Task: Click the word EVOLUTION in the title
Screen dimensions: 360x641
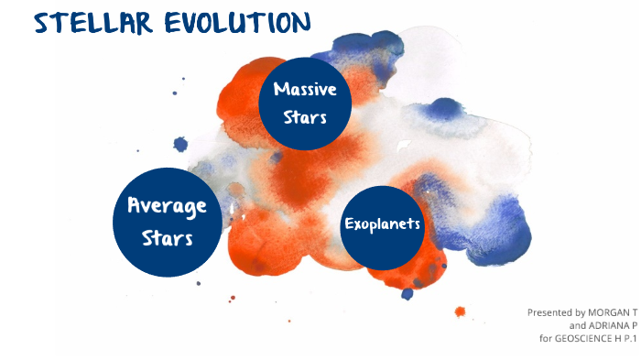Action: pos(236,22)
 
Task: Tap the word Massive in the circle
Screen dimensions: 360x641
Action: pos(305,90)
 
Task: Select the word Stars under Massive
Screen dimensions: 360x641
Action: pos(305,116)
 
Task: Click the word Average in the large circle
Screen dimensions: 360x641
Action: pos(167,205)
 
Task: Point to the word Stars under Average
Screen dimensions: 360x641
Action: pos(167,238)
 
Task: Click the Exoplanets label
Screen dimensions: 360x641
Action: pos(382,224)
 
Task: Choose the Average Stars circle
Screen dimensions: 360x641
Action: pos(167,222)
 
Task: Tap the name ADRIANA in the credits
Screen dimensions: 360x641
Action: pos(606,325)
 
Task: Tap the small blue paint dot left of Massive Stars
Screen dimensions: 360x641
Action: pos(180,144)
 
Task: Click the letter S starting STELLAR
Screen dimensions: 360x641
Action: pos(41,23)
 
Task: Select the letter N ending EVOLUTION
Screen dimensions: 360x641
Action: pos(299,22)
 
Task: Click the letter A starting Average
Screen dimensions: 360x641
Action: pos(135,205)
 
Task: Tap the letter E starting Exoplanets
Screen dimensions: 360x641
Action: pos(349,224)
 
